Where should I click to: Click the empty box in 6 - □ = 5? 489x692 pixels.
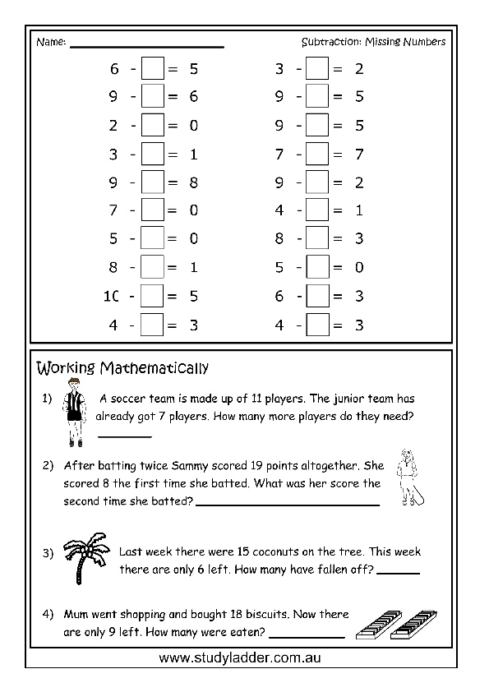click(x=153, y=69)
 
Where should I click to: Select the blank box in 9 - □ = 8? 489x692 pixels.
click(x=153, y=182)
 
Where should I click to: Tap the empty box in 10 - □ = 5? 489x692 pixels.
click(x=153, y=295)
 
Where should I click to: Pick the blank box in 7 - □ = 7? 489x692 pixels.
click(x=317, y=154)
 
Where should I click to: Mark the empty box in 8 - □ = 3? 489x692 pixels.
click(x=317, y=238)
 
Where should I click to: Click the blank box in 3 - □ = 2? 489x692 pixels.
click(x=317, y=69)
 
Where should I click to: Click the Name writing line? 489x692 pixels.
click(x=147, y=45)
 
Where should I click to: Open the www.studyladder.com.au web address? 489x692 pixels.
click(x=245, y=658)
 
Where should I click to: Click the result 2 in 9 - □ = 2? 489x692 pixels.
click(x=359, y=182)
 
